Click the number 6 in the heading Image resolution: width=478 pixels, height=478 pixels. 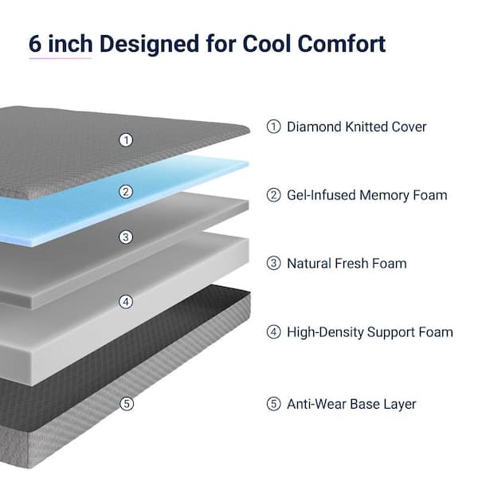tap(35, 44)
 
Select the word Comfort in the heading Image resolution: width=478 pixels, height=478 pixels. tap(342, 44)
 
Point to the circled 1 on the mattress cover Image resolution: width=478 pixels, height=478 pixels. tap(126, 140)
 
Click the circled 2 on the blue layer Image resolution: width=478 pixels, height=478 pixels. tap(126, 192)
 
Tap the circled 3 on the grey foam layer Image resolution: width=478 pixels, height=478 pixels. tap(126, 237)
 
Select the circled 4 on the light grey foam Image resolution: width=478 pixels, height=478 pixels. tap(126, 302)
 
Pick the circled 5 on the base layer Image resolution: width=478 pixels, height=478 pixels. tap(127, 404)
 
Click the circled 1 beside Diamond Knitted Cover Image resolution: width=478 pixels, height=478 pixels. tap(273, 127)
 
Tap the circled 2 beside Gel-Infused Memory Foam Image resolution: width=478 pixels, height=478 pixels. tap(273, 195)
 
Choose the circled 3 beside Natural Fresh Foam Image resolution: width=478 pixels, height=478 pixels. tap(273, 263)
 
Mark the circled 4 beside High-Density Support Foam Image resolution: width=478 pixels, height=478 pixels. tap(273, 332)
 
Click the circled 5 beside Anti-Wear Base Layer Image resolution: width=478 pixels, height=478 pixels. tap(273, 404)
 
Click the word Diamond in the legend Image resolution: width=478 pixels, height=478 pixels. tap(314, 127)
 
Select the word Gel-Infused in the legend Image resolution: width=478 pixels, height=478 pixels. tap(321, 195)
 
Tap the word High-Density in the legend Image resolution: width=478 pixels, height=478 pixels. tap(325, 332)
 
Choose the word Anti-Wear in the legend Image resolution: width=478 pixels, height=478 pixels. tap(317, 404)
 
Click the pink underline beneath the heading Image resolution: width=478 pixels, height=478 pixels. tap(61, 58)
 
